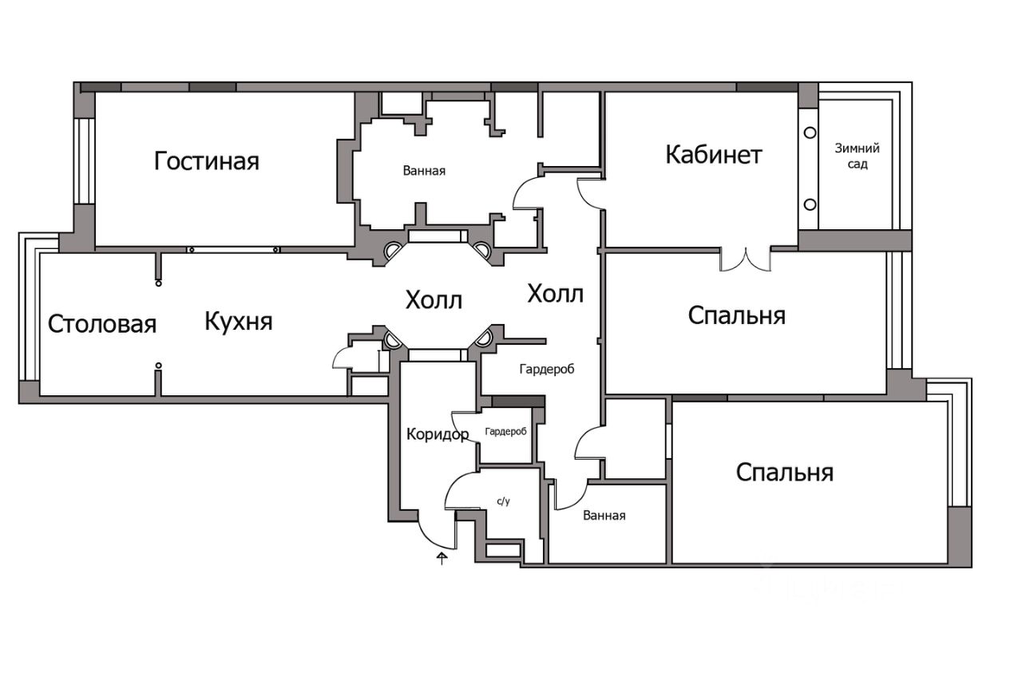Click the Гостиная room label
pos(207,161)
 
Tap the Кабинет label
pos(714,154)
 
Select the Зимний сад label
pos(858,156)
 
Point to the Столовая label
pos(101,324)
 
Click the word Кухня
pos(239,322)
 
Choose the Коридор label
pos(437,435)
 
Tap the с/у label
pos(503,501)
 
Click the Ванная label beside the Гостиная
pos(424,170)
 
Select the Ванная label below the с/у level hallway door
pos(604,516)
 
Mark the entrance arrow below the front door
pos(442,557)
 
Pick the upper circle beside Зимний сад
pos(810,133)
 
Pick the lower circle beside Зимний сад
pos(810,204)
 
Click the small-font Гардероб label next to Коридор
pos(505,431)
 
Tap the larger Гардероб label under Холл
pos(547,369)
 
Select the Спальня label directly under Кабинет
pos(736,315)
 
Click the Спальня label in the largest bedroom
pos(784,472)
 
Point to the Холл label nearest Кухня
pos(434,300)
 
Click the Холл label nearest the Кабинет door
pos(555,294)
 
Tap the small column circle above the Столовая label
pos(159,282)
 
